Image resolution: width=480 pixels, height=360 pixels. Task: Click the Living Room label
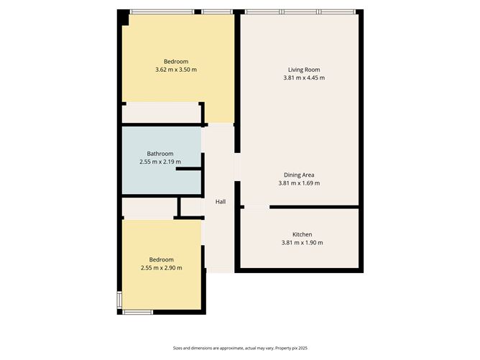[x=300, y=70]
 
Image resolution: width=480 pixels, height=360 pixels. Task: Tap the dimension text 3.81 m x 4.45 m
[x=300, y=78]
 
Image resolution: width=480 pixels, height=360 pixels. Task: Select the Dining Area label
[x=299, y=175]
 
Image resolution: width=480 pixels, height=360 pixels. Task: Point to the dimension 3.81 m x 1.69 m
[x=299, y=183]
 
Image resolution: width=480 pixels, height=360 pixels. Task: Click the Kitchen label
[x=302, y=234]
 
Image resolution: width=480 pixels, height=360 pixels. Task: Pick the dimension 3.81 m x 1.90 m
[x=302, y=243]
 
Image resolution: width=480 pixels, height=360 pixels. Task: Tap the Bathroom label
[x=160, y=154]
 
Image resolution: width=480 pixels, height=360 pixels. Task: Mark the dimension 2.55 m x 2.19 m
[x=160, y=162]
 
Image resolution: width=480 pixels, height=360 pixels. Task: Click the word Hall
[x=221, y=202]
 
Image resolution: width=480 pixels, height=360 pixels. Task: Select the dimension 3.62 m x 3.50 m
[x=175, y=70]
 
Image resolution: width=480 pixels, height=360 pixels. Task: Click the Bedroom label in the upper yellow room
[x=175, y=61]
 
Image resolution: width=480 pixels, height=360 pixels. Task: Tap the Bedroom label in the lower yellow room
[x=161, y=259]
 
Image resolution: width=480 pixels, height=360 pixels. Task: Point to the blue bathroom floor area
[x=144, y=180]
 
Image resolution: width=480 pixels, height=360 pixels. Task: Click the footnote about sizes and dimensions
[x=239, y=349]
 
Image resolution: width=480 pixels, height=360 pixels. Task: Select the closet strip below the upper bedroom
[x=160, y=114]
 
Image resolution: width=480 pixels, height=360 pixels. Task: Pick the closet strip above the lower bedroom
[x=149, y=208]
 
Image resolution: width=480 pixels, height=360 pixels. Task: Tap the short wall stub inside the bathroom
[x=188, y=170]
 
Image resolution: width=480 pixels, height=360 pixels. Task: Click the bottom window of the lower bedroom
[x=137, y=311]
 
